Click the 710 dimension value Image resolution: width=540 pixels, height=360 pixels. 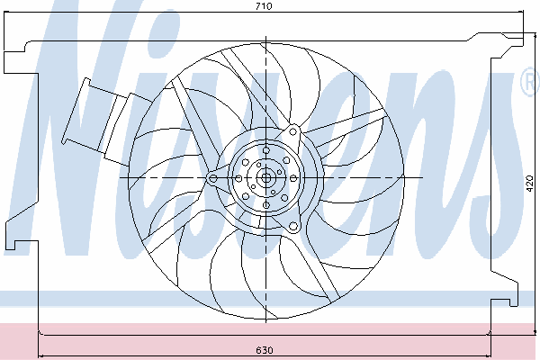(264, 6)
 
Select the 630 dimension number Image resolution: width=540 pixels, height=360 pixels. (265, 350)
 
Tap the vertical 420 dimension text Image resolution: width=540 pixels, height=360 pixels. (530, 184)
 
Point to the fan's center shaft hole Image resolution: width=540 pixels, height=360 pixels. (265, 178)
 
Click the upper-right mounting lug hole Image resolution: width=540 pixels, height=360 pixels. (292, 131)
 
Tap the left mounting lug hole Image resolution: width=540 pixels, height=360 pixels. (213, 178)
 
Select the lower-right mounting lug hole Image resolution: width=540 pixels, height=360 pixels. (293, 226)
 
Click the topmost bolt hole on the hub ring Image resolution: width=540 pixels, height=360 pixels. (265, 150)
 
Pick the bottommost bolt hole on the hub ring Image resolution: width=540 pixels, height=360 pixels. (265, 205)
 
